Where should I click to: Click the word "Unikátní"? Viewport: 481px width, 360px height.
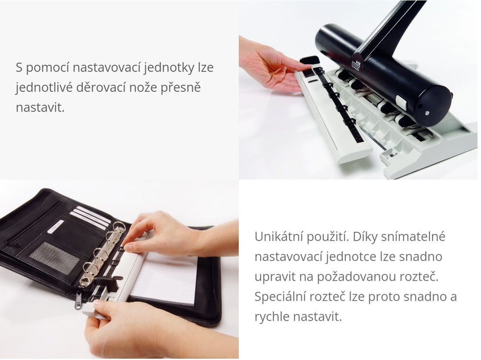[279, 237]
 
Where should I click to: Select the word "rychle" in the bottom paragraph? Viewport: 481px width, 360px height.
[272, 317]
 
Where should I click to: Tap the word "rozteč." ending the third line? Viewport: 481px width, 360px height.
[420, 277]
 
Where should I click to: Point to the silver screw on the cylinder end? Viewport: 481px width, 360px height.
[428, 113]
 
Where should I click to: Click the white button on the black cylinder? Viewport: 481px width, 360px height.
[401, 102]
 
